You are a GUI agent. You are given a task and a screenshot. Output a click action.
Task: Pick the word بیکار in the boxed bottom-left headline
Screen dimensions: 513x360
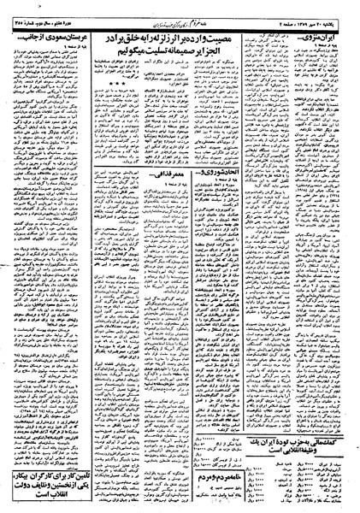click(x=39, y=474)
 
